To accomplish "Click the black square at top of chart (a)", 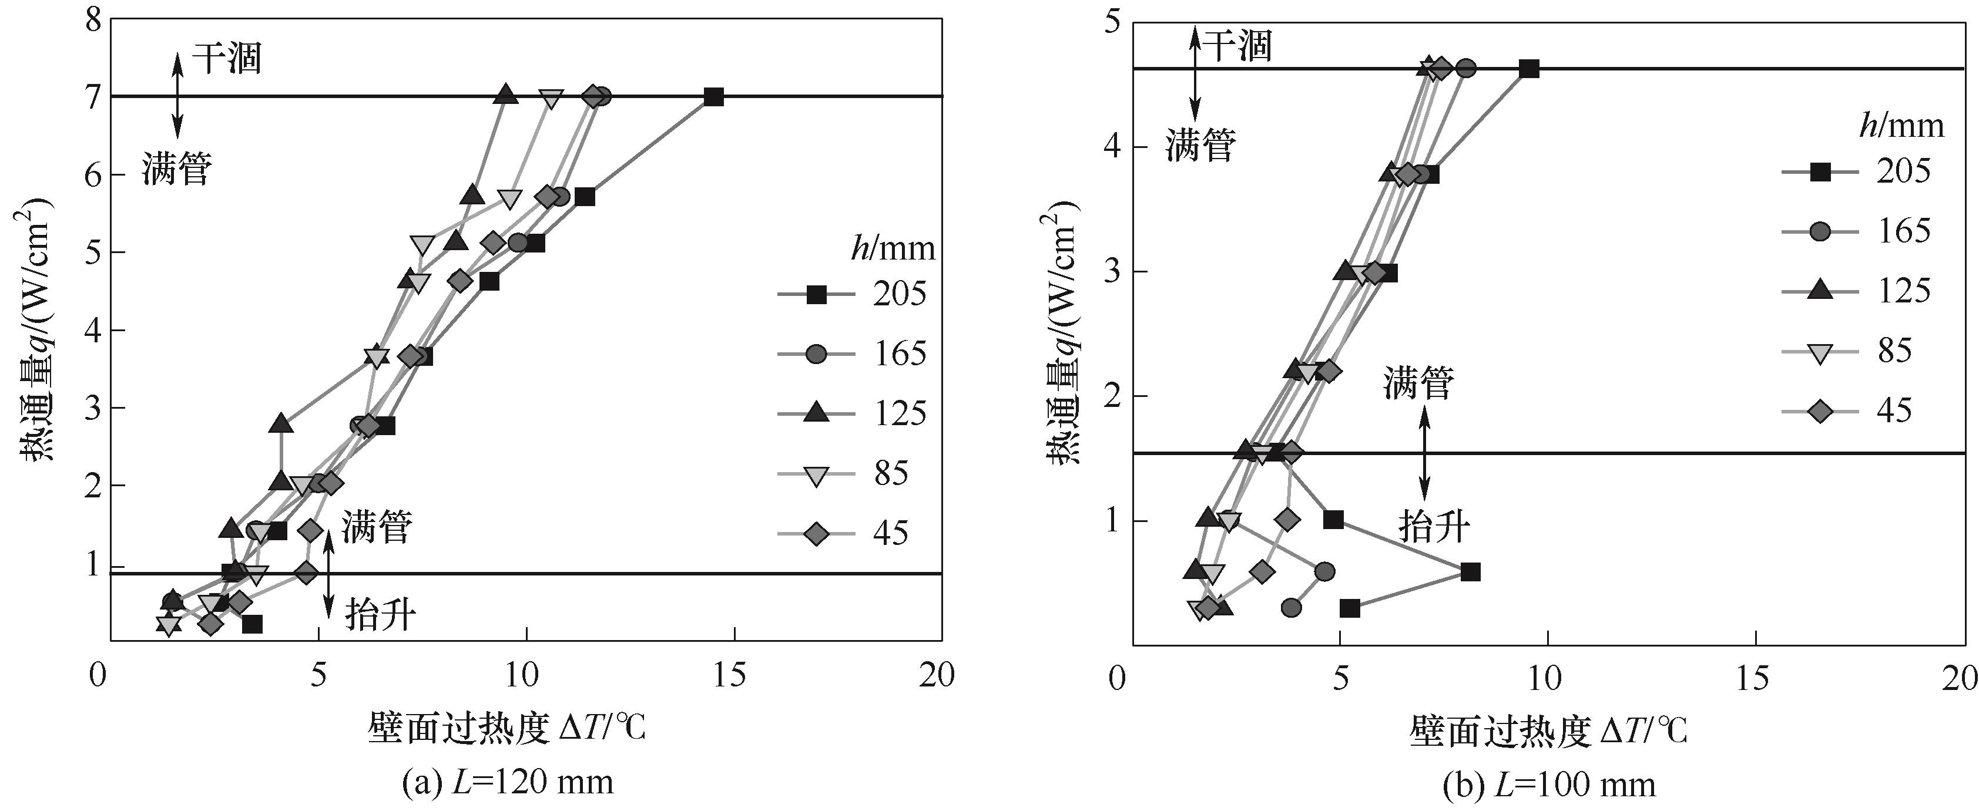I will point(714,97).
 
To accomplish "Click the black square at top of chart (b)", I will point(1529,68).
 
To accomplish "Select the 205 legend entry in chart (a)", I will point(853,294).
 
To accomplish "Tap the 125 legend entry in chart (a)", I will point(853,413).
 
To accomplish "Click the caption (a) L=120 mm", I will point(508,783).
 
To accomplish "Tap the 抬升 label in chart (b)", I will point(1434,527).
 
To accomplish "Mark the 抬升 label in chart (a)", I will point(380,614).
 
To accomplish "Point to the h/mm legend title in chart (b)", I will point(1901,124).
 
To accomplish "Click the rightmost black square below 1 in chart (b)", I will point(1470,571).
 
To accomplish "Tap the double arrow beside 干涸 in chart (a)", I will point(177,95).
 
